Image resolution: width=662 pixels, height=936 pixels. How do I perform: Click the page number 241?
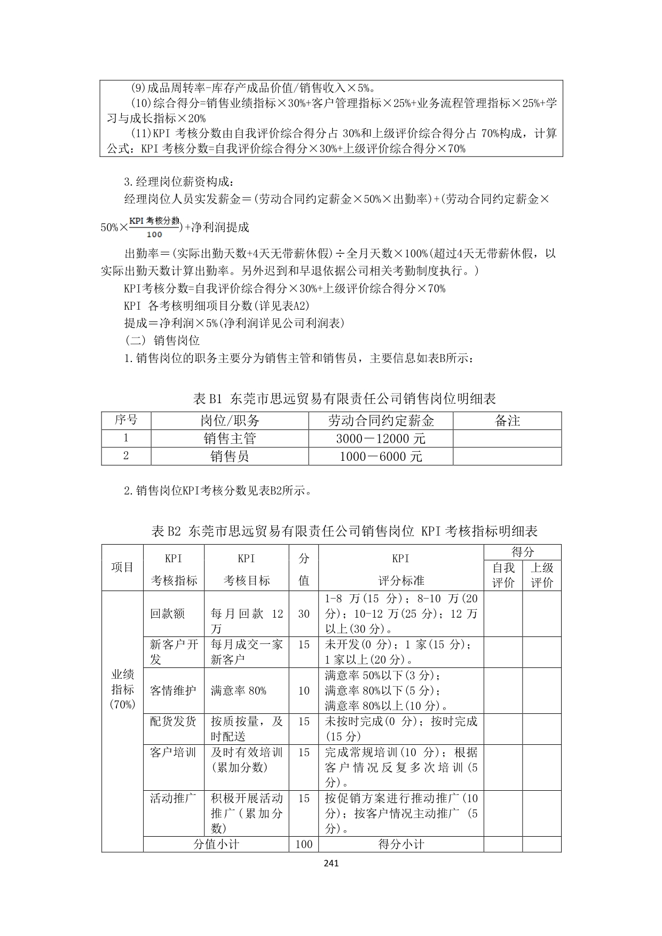coord(331,863)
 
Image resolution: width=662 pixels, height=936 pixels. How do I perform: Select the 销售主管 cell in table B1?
coord(230,438)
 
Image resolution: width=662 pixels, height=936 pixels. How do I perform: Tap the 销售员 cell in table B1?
coord(230,456)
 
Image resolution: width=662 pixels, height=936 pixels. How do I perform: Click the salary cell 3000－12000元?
coord(381,438)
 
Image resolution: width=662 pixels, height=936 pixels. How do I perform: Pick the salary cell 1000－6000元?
coord(381,456)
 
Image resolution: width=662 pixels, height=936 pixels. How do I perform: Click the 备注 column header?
coord(507,421)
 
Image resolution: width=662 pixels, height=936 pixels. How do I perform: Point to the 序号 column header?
coord(126,420)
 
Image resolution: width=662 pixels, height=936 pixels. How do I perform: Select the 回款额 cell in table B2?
coord(168,613)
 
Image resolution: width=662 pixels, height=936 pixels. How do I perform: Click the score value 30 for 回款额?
coord(304,613)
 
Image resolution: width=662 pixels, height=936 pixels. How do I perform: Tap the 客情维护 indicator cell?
coord(173,690)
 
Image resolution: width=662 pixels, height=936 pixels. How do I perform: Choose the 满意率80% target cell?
coord(239,690)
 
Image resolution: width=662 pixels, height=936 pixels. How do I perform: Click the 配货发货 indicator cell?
coord(173,721)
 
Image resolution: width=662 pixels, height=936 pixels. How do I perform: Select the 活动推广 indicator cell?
coord(173,798)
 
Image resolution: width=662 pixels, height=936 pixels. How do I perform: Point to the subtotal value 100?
coord(304,844)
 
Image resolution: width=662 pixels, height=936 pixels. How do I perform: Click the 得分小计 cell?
coord(401,844)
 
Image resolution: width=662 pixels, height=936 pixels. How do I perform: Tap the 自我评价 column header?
coord(503,575)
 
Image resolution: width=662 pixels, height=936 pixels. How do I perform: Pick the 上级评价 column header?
coord(542,575)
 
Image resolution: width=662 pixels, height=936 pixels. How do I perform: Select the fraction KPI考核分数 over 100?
coord(154,227)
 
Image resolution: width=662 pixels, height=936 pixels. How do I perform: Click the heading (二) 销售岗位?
coord(162,340)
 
